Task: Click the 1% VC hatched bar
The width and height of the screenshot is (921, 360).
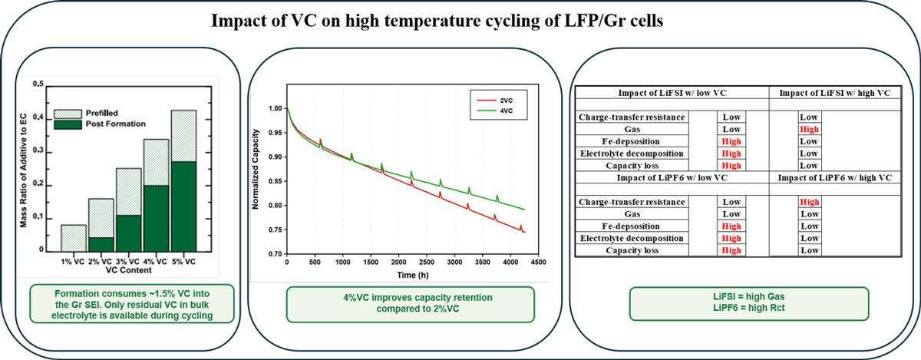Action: tap(74, 238)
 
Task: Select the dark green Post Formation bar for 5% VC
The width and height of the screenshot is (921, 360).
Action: tap(183, 206)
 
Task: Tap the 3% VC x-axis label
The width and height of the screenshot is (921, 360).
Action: tap(127, 262)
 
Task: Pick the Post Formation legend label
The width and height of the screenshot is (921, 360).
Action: tap(116, 124)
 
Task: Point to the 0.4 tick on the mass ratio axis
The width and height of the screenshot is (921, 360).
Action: tap(38, 117)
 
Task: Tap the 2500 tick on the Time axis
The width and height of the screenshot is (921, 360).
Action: tap(427, 262)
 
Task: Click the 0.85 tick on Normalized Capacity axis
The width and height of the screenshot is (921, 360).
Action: tap(275, 181)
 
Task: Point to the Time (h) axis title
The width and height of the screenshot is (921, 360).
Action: tap(413, 275)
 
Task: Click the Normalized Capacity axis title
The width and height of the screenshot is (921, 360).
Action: tap(256, 169)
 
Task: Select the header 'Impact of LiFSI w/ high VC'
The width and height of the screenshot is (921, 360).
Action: tap(835, 93)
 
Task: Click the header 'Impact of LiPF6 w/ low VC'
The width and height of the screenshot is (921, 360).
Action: tap(672, 178)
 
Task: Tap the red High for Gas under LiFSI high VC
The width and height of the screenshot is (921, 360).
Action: tap(809, 129)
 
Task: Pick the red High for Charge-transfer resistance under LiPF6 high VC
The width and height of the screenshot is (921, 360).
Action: tap(810, 202)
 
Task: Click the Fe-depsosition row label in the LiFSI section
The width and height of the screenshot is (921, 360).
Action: tap(631, 141)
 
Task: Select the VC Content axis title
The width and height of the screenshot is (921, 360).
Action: tap(129, 270)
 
